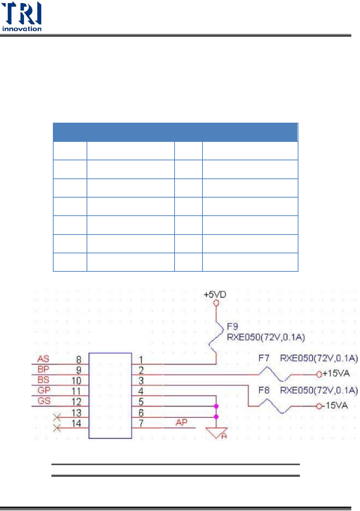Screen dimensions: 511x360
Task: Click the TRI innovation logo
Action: pyautogui.click(x=22, y=17)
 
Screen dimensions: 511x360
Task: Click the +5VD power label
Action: pyautogui.click(x=215, y=295)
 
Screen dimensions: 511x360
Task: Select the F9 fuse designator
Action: pyautogui.click(x=232, y=327)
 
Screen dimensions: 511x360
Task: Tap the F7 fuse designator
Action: pyautogui.click(x=264, y=358)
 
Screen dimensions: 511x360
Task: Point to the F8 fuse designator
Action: pyautogui.click(x=264, y=390)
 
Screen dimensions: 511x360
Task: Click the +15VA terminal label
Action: pyautogui.click(x=336, y=373)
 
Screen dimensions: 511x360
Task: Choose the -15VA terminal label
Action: pyautogui.click(x=336, y=406)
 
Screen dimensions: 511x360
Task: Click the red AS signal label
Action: pyautogui.click(x=43, y=359)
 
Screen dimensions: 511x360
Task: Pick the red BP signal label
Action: pyautogui.click(x=43, y=369)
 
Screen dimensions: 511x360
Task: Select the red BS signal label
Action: pyautogui.click(x=43, y=380)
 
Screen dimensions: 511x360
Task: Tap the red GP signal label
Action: pyautogui.click(x=44, y=390)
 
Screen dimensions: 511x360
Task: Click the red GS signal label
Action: pyautogui.click(x=44, y=401)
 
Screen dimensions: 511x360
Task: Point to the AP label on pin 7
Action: pyautogui.click(x=181, y=422)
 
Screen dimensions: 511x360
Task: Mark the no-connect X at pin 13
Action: pyautogui.click(x=57, y=418)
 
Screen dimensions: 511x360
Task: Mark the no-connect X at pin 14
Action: pyautogui.click(x=57, y=428)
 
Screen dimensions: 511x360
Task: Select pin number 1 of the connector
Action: pyautogui.click(x=141, y=360)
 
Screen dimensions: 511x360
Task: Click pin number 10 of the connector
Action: pyautogui.click(x=76, y=381)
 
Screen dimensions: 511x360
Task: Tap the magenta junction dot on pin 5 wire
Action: pyautogui.click(x=216, y=406)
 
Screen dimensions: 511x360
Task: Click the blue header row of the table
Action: pyautogui.click(x=175, y=132)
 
